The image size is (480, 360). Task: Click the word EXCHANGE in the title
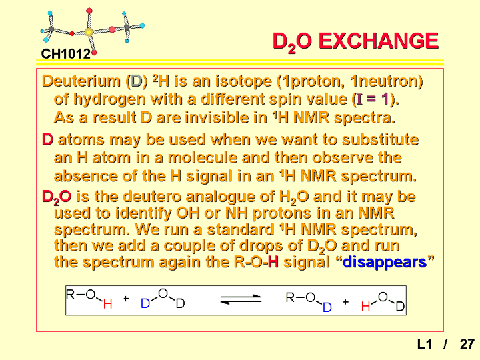(379, 41)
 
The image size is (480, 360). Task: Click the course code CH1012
(65, 54)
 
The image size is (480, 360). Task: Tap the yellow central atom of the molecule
(89, 32)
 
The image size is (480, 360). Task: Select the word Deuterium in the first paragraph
(81, 81)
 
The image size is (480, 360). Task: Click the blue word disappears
(385, 262)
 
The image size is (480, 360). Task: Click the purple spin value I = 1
(372, 99)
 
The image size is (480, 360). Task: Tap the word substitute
(380, 139)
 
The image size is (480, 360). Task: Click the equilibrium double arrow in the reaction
(241, 299)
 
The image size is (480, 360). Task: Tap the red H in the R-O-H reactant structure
(107, 304)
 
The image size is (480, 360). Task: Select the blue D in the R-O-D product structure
(327, 307)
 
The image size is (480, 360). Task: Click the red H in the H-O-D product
(365, 306)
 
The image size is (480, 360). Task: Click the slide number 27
(467, 345)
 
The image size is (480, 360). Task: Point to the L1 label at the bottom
(424, 345)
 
